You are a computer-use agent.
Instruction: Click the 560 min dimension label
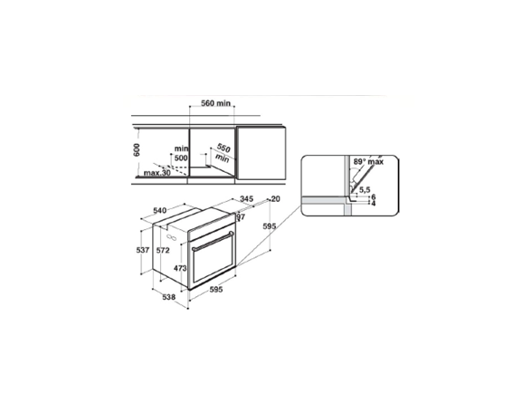(x=215, y=103)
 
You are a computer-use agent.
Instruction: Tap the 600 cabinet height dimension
(x=137, y=149)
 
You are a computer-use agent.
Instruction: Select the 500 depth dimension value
(x=181, y=158)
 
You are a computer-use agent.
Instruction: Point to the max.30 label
(x=157, y=173)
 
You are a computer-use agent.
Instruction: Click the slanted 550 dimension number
(x=223, y=148)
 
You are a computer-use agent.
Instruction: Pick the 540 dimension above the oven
(x=160, y=210)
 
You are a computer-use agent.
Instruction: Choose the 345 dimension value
(x=246, y=199)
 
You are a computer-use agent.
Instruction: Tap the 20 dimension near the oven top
(x=275, y=199)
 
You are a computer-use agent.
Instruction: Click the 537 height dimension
(x=143, y=250)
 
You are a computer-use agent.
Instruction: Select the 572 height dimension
(x=163, y=251)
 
